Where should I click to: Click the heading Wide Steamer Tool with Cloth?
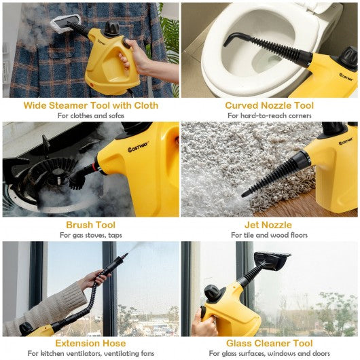click(x=91, y=105)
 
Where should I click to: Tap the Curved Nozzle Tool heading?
click(x=269, y=105)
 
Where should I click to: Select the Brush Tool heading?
click(x=91, y=225)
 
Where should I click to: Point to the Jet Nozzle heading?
click(x=268, y=225)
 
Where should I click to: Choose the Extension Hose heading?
click(x=91, y=343)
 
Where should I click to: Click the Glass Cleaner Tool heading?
click(x=269, y=343)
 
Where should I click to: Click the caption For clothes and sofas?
click(x=91, y=115)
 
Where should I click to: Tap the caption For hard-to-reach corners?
click(x=270, y=115)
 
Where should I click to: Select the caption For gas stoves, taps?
click(x=91, y=235)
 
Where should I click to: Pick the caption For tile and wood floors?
click(x=269, y=235)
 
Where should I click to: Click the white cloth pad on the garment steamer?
click(x=66, y=23)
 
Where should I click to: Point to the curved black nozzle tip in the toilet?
click(x=232, y=38)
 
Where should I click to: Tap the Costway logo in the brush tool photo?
click(x=138, y=147)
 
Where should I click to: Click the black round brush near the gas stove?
click(x=77, y=179)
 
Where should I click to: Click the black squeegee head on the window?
click(x=272, y=260)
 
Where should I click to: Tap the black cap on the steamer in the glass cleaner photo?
click(x=211, y=292)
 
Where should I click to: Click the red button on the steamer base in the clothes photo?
click(x=93, y=85)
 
